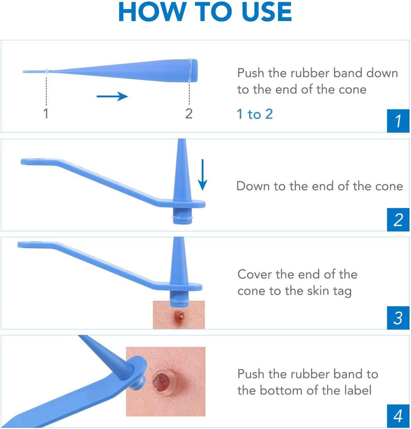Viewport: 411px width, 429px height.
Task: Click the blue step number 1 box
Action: [x=398, y=120]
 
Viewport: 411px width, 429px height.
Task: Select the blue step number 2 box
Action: [x=398, y=219]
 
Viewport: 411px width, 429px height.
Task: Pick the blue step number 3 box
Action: [x=398, y=318]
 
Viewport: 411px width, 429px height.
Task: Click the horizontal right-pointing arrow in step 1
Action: [x=112, y=96]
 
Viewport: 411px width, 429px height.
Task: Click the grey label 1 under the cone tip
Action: [x=46, y=114]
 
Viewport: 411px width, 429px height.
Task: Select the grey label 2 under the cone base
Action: [x=189, y=114]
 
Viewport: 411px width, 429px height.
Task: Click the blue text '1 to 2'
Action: [x=255, y=114]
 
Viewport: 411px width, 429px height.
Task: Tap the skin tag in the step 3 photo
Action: [x=179, y=315]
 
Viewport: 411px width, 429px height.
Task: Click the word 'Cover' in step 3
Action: [x=255, y=274]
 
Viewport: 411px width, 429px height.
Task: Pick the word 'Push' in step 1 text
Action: [x=252, y=73]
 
